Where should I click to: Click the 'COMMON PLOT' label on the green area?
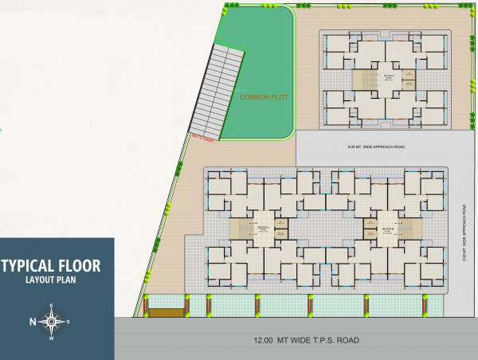tap(263, 97)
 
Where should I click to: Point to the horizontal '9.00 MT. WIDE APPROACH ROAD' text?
tap(376, 147)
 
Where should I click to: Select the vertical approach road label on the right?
tap(463, 232)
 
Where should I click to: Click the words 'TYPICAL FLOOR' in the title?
tap(51, 265)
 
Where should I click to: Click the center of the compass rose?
tap(52, 322)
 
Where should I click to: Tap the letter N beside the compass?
tap(33, 322)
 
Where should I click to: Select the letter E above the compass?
tap(52, 307)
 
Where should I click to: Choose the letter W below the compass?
tap(52, 338)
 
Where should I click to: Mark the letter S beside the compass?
tap(69, 322)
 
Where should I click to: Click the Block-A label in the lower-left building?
tap(264, 227)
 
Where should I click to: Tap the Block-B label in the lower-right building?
tap(385, 228)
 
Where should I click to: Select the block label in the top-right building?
tap(388, 78)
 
